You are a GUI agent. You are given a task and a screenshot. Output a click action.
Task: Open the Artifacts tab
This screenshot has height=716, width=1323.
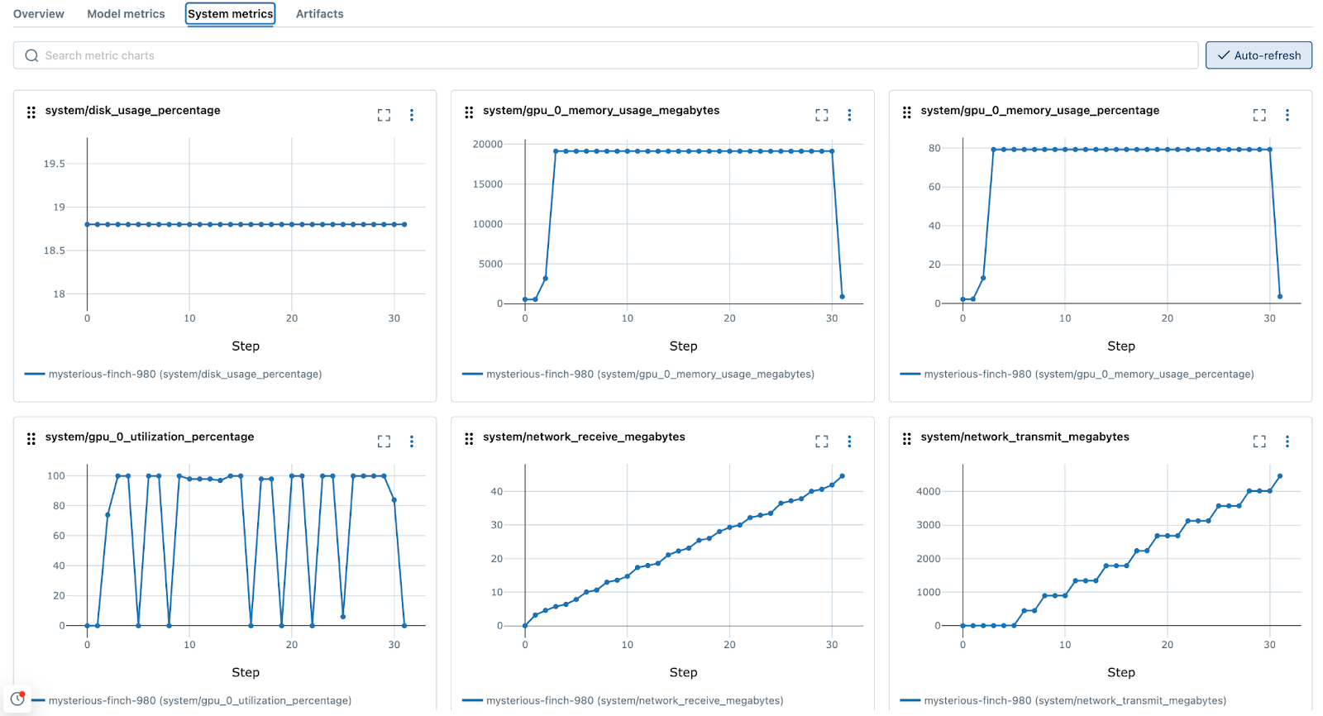click(319, 14)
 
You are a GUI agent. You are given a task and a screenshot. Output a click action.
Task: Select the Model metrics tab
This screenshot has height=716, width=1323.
click(126, 14)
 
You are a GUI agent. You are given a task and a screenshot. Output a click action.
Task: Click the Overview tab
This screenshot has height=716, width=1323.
click(39, 14)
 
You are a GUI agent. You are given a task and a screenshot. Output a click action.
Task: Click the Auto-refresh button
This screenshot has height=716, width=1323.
click(1258, 55)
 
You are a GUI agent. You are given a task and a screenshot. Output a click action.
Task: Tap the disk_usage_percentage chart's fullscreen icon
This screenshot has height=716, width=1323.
click(384, 115)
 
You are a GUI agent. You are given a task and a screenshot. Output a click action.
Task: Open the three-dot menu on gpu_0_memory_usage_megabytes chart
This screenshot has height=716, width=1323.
click(849, 115)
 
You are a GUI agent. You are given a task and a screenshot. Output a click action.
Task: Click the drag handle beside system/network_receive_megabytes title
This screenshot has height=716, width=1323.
click(469, 439)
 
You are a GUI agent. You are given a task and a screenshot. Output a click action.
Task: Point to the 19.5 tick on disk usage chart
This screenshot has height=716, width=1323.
click(55, 164)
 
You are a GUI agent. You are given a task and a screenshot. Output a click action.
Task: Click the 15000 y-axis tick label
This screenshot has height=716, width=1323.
click(487, 184)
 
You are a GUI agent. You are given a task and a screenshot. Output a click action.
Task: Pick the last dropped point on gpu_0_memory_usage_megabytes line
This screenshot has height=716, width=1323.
click(842, 296)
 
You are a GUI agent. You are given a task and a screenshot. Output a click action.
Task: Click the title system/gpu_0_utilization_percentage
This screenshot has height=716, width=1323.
click(150, 437)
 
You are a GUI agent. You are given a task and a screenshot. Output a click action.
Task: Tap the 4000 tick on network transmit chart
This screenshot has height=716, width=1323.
click(928, 491)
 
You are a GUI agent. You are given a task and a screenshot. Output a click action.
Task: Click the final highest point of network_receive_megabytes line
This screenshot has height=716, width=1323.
click(842, 476)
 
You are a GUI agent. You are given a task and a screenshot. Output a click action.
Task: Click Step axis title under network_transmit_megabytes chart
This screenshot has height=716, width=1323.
click(1120, 672)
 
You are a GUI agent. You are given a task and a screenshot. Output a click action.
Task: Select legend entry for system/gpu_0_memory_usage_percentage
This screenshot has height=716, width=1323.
click(1088, 374)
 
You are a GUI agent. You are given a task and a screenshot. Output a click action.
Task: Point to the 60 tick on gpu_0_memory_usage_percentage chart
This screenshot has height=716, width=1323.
click(934, 187)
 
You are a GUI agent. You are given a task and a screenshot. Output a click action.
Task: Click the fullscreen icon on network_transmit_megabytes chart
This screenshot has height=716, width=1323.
click(1259, 442)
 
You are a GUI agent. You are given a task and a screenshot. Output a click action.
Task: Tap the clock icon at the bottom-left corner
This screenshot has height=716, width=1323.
click(17, 699)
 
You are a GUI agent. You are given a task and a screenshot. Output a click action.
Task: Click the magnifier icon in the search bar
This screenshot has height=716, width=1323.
click(31, 55)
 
